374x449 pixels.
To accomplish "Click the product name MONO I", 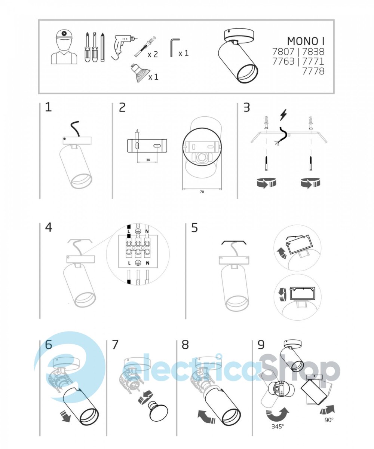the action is coord(306,41).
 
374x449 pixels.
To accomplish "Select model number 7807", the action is coord(283,52).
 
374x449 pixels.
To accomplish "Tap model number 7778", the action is coord(313,71).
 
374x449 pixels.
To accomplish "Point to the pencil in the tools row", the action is coord(102,47).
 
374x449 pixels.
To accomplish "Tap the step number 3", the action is coord(246,107).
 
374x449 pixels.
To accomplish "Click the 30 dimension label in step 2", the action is coord(148,160).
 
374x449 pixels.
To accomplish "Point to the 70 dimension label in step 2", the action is coord(202,192).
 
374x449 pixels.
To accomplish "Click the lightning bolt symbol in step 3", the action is coord(283,115).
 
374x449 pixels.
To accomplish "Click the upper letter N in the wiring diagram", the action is coord(147,231).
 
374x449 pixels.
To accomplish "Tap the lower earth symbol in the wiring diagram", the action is coord(138,263).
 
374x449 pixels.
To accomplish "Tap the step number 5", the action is coord(194,227).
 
